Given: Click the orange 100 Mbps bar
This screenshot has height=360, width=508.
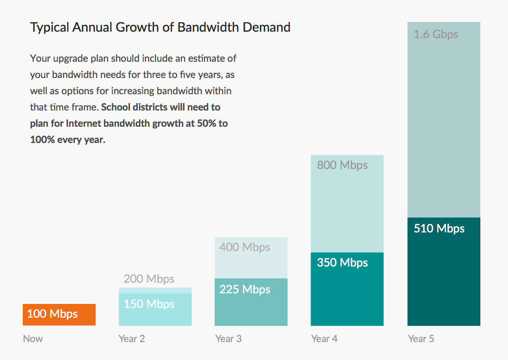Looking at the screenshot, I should (x=59, y=314).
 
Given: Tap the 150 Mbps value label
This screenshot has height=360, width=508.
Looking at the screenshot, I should (x=149, y=304).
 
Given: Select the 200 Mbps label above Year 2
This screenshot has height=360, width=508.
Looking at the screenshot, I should (x=149, y=279).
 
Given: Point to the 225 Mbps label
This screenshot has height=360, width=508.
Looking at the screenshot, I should (x=245, y=289).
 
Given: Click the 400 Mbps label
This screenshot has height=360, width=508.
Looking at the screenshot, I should (x=245, y=247).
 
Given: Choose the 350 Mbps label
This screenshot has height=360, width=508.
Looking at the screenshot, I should (x=342, y=262).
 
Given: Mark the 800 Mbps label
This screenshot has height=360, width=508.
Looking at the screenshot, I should (x=342, y=165).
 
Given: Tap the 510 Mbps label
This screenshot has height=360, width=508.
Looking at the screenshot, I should (x=439, y=228).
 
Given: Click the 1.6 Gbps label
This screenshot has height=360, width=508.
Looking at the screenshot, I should (x=436, y=34).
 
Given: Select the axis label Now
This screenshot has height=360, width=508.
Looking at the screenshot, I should (x=33, y=339).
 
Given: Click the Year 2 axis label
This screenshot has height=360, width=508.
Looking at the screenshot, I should (x=132, y=339).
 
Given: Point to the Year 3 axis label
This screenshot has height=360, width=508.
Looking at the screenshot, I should (x=228, y=339).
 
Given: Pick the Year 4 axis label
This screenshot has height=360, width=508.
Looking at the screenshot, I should (x=324, y=339).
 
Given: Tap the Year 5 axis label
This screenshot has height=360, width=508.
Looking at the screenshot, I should (x=421, y=339).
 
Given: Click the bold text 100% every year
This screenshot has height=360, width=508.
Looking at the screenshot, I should (x=68, y=140).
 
